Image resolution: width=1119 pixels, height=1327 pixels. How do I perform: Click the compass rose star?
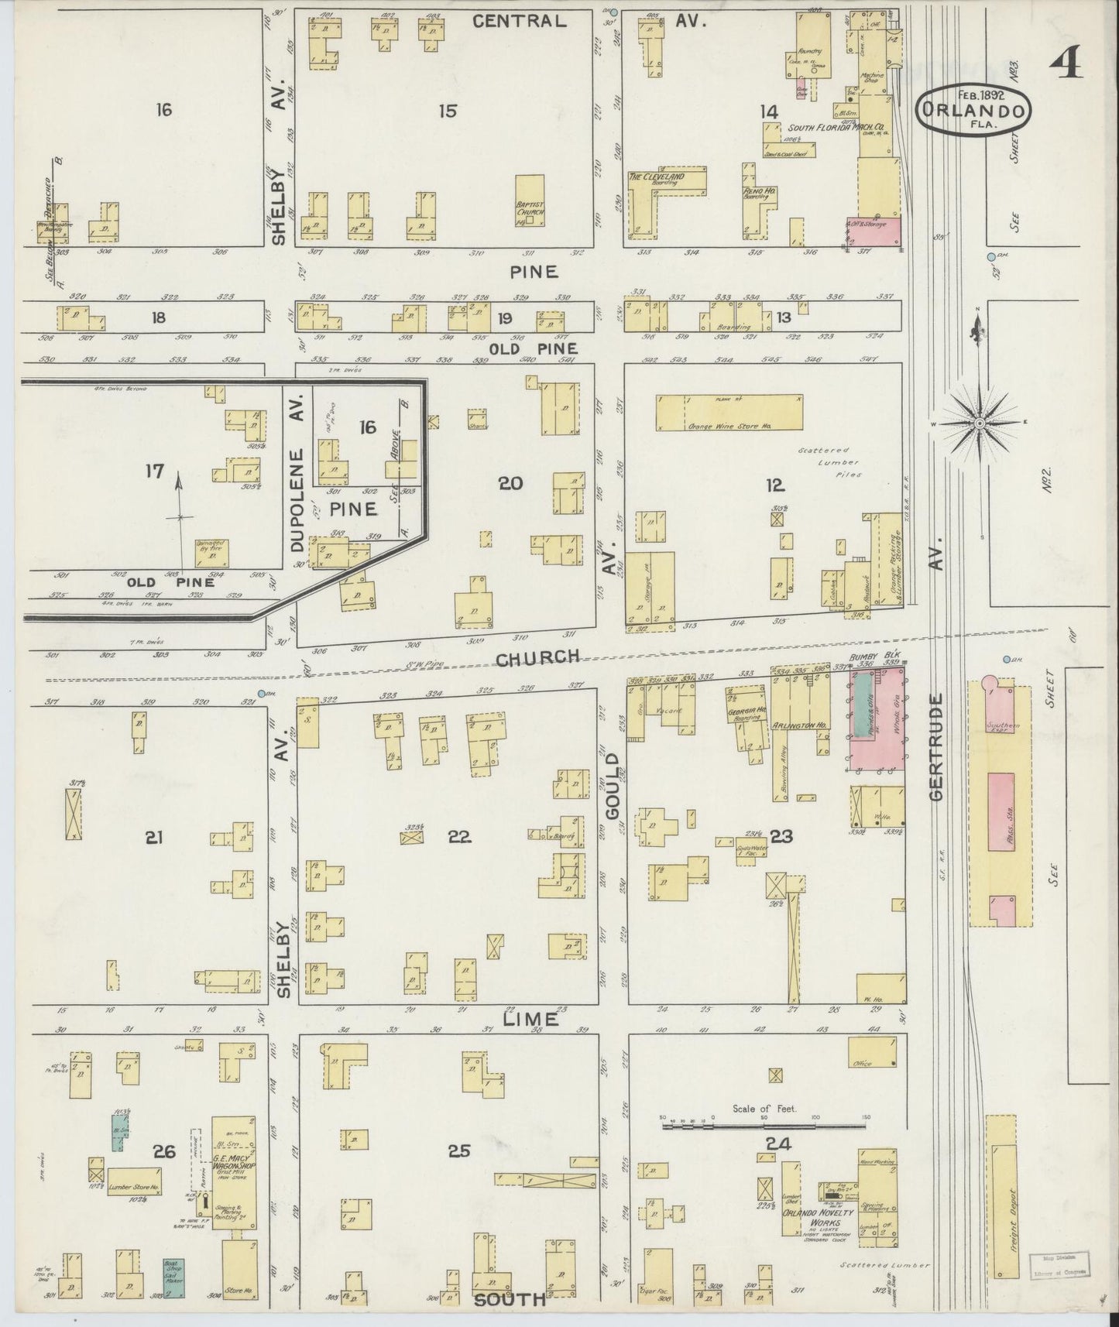pyautogui.click(x=980, y=423)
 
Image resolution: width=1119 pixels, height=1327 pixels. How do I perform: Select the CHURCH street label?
pyautogui.click(x=537, y=658)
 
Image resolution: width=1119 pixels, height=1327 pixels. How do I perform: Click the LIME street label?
pyautogui.click(x=530, y=1018)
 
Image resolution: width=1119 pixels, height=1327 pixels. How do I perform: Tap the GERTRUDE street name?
pyautogui.click(x=939, y=746)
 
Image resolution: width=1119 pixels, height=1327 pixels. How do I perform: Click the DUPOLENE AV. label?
pyautogui.click(x=298, y=480)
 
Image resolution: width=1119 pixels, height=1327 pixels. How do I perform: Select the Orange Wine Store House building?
pyautogui.click(x=729, y=413)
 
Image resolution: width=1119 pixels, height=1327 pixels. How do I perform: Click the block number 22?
pyautogui.click(x=459, y=837)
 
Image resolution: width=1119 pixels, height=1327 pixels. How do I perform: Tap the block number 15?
pyautogui.click(x=447, y=111)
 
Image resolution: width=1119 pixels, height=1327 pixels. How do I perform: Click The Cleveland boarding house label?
pyautogui.click(x=657, y=177)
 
